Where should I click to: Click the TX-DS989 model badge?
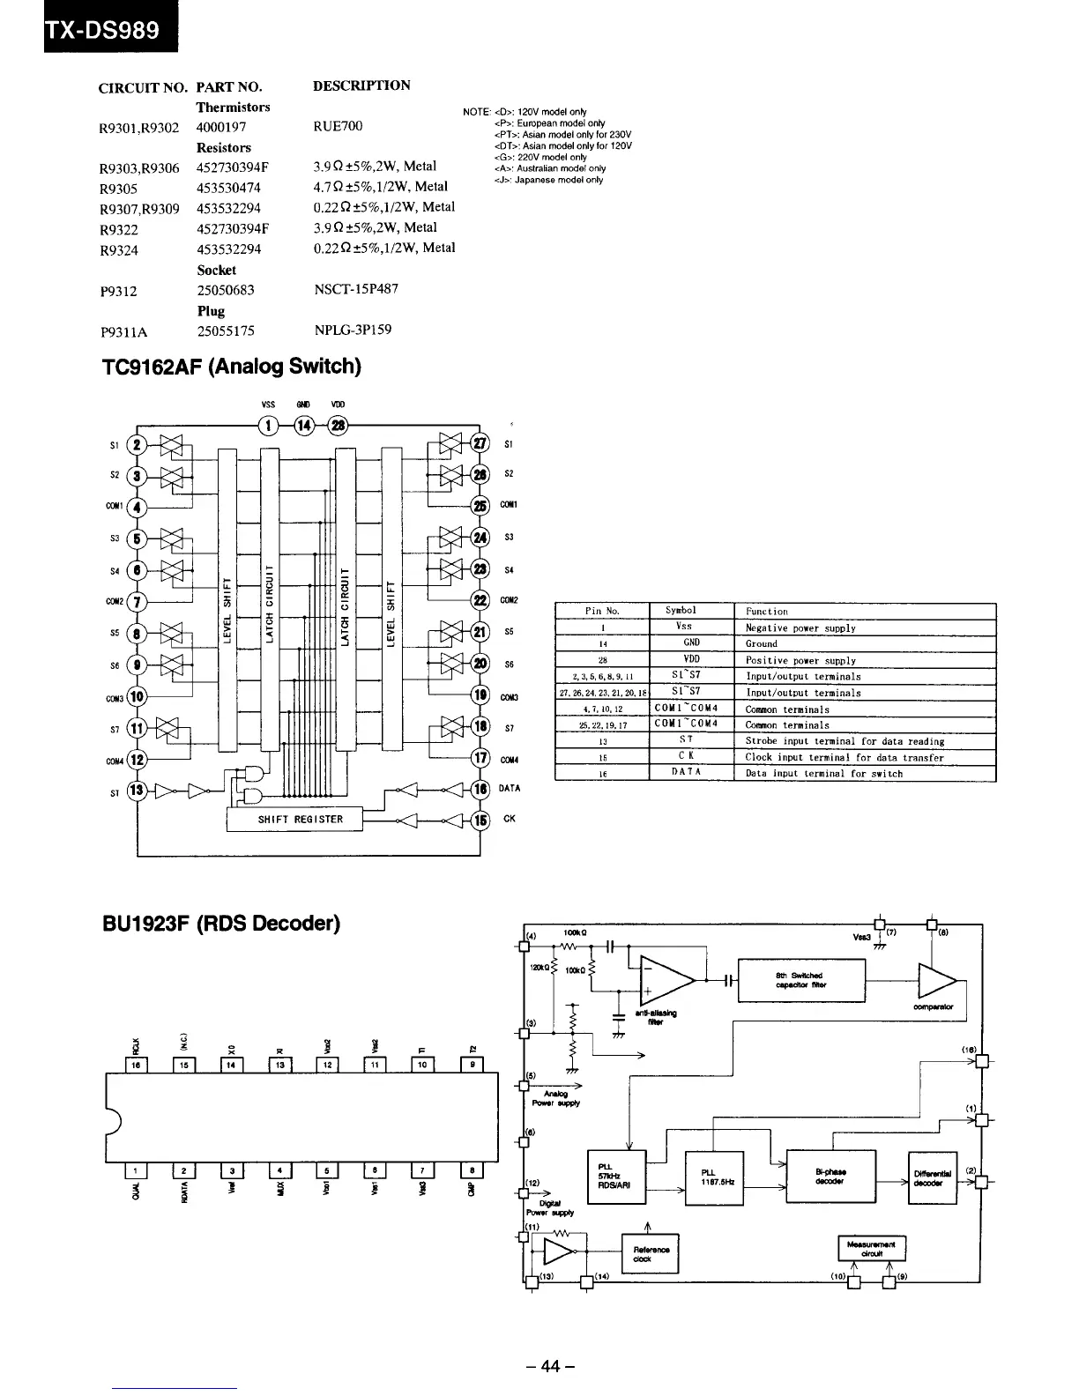[104, 30]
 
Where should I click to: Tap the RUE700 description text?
[338, 126]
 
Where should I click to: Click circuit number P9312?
[119, 291]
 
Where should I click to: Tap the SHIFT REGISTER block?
[294, 819]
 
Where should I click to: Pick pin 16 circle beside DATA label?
[481, 788]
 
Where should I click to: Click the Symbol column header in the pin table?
[681, 610]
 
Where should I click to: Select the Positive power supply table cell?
[800, 660]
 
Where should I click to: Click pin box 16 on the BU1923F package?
[137, 1065]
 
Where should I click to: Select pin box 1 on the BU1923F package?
[136, 1170]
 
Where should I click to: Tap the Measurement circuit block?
[871, 1248]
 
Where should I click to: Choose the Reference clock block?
[650, 1253]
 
